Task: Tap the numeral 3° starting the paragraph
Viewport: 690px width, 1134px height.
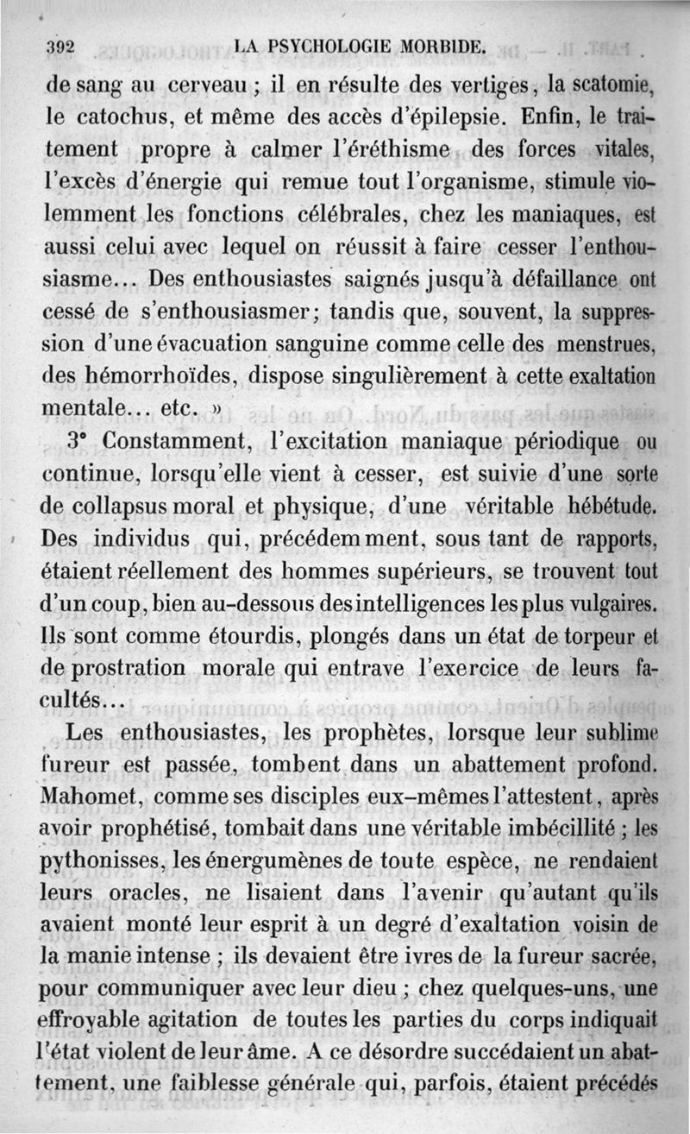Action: coord(79,440)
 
